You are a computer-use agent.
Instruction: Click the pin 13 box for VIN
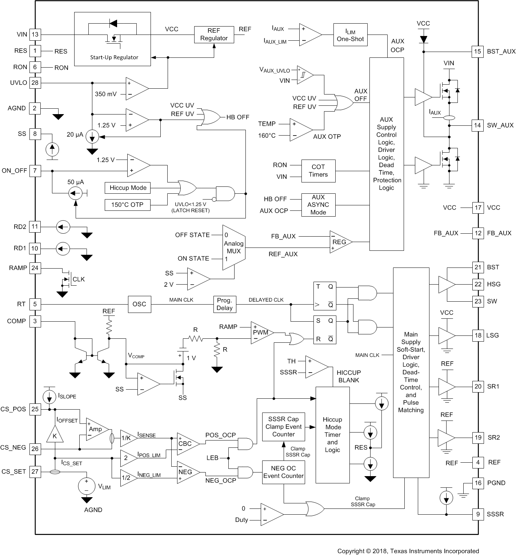pyautogui.click(x=35, y=35)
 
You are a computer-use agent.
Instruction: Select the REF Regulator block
pyautogui.click(x=214, y=35)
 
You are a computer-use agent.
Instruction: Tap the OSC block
pyautogui.click(x=139, y=304)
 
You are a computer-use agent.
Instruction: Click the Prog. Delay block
pyautogui.click(x=224, y=304)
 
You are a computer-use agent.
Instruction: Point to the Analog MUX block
pyautogui.click(x=233, y=247)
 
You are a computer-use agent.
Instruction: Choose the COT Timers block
pyautogui.click(x=318, y=171)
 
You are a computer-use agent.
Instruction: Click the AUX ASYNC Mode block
pyautogui.click(x=318, y=205)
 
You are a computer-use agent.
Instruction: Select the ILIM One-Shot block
pyautogui.click(x=350, y=35)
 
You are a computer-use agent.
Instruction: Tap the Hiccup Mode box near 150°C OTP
pyautogui.click(x=128, y=188)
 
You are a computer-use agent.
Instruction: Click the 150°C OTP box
pyautogui.click(x=127, y=205)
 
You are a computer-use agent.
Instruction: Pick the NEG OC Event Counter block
pyautogui.click(x=283, y=472)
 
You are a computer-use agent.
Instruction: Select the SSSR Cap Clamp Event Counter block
pyautogui.click(x=283, y=427)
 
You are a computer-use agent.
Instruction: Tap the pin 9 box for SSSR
pyautogui.click(x=478, y=514)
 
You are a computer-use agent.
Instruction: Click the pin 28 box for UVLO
pyautogui.click(x=35, y=83)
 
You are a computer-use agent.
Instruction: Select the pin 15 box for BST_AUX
pyautogui.click(x=477, y=52)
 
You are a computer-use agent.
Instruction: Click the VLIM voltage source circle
pyautogui.click(x=87, y=486)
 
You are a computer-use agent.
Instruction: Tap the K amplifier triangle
pyautogui.click(x=55, y=435)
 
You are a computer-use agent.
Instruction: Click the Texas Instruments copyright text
pyautogui.click(x=408, y=551)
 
